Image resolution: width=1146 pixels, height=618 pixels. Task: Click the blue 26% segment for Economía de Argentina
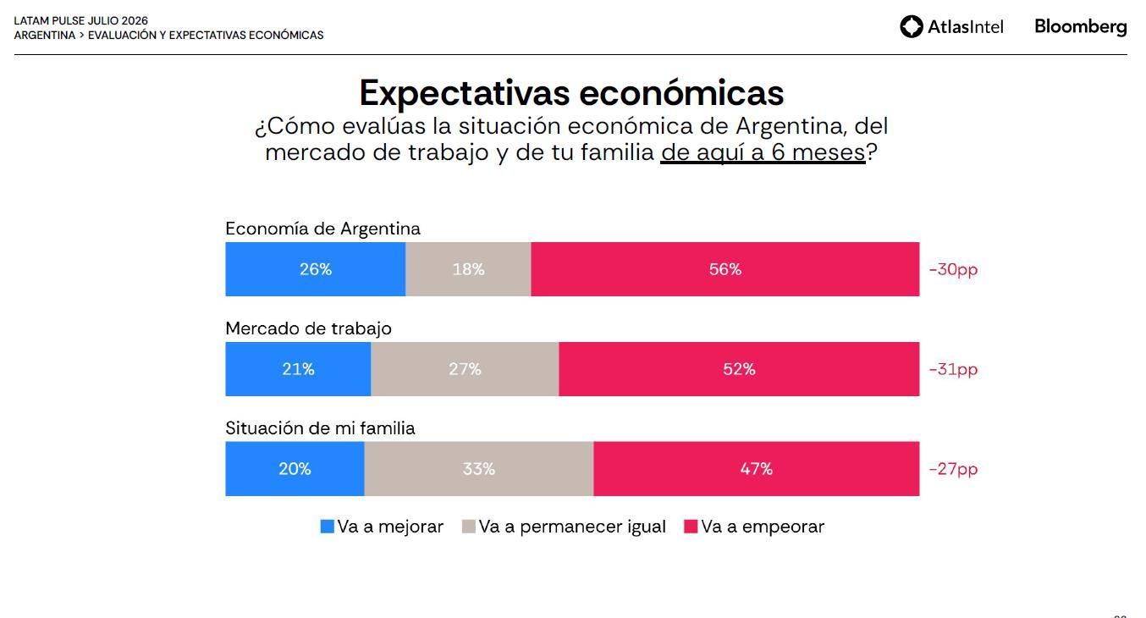[x=315, y=269]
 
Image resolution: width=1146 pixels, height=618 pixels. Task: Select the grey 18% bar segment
[x=468, y=269]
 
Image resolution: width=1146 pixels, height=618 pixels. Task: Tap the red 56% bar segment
[x=725, y=269]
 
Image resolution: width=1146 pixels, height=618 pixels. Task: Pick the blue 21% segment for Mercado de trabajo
[x=298, y=369]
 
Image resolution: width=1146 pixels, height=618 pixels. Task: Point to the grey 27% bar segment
[x=465, y=369]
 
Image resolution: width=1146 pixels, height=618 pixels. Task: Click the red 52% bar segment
[x=739, y=369]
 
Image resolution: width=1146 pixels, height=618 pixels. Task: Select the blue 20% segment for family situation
[x=295, y=469]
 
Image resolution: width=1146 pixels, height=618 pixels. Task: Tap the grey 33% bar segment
[x=479, y=469]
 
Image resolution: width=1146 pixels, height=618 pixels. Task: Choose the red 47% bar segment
[x=756, y=469]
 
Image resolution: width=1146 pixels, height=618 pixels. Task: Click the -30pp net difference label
[x=953, y=269]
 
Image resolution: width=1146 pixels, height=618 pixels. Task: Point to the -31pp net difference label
[x=953, y=369]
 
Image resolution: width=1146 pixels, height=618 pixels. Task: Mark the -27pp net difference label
[x=953, y=469]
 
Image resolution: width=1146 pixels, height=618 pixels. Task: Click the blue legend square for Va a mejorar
[x=327, y=527]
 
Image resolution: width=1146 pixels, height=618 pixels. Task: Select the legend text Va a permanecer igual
[x=572, y=527]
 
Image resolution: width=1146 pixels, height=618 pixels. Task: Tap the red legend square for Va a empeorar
[x=691, y=527]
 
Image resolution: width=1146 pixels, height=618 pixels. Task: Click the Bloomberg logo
[x=1081, y=27]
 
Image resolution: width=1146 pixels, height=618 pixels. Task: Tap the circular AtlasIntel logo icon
[x=912, y=26]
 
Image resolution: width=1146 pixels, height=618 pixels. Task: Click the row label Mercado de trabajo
[x=308, y=328]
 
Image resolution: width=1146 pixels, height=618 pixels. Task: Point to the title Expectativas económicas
[x=571, y=93]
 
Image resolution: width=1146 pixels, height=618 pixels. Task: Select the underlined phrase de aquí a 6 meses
[x=763, y=153]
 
